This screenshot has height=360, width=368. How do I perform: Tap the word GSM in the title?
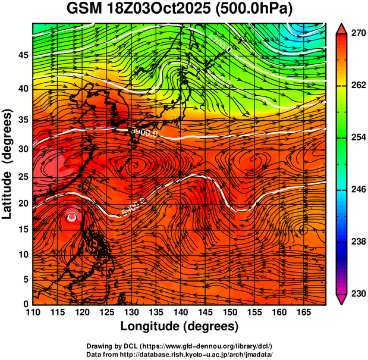[x=83, y=10]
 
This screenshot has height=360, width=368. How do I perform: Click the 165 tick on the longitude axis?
[x=303, y=312]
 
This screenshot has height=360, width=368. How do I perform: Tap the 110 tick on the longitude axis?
[x=33, y=312]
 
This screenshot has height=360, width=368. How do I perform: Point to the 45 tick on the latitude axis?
[x=23, y=55]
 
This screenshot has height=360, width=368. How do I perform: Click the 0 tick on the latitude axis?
[x=26, y=304]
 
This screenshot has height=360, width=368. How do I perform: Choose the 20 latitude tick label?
[x=23, y=204]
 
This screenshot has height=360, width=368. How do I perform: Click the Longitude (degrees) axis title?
[x=180, y=326]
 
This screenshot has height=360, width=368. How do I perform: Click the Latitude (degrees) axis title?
[x=8, y=164]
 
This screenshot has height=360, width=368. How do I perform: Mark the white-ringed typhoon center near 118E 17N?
[x=72, y=217]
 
